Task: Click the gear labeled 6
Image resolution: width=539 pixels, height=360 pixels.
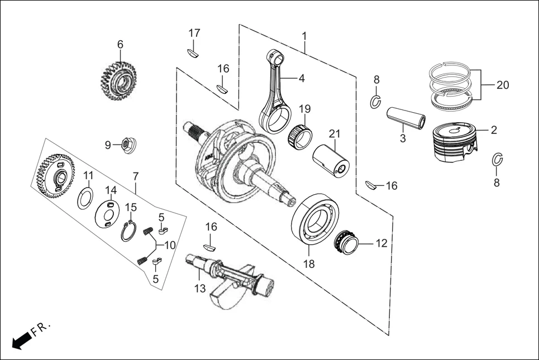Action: pyautogui.click(x=120, y=81)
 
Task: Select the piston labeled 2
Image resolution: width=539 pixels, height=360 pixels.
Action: pyautogui.click(x=456, y=143)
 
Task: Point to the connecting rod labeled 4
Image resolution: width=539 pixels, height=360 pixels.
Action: pyautogui.click(x=278, y=92)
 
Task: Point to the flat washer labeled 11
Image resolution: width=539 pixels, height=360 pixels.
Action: pyautogui.click(x=85, y=198)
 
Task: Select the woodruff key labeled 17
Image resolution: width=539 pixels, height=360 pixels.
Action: pyautogui.click(x=193, y=53)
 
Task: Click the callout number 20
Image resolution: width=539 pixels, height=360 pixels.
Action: pyautogui.click(x=502, y=85)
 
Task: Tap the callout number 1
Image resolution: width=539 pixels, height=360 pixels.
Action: pyautogui.click(x=304, y=36)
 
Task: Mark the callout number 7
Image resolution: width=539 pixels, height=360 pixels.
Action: pyautogui.click(x=135, y=176)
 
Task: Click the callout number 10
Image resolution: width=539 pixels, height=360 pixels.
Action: pyautogui.click(x=169, y=244)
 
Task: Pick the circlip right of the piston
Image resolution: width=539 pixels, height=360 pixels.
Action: pyautogui.click(x=497, y=160)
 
